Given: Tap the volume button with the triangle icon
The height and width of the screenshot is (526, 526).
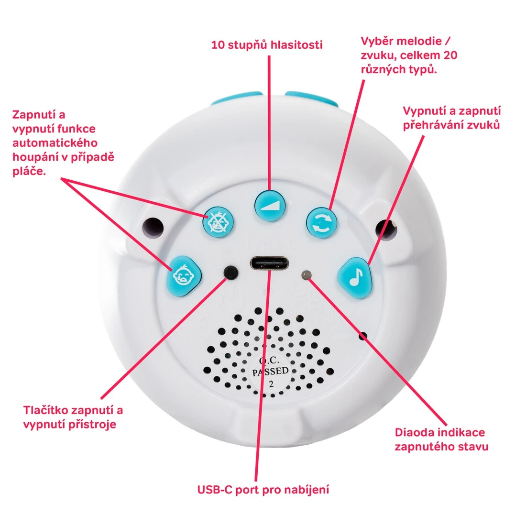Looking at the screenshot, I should (270, 206).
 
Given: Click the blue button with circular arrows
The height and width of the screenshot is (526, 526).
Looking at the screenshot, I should (321, 222).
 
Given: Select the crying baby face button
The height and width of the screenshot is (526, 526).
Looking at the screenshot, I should (184, 276).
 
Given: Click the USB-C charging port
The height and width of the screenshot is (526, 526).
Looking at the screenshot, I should (270, 264).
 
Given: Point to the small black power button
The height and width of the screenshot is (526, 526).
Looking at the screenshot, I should (231, 272).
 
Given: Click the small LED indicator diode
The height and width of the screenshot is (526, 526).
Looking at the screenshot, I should (306, 274).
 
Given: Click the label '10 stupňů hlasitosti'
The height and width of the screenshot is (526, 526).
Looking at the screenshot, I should (267, 45).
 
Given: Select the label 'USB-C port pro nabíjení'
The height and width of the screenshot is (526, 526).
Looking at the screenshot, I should (263, 490).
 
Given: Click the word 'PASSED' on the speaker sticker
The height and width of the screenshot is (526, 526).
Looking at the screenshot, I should (271, 372).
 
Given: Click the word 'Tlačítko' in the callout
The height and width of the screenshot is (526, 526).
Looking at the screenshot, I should (45, 410).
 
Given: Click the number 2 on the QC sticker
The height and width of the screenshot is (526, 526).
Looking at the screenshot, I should (271, 384).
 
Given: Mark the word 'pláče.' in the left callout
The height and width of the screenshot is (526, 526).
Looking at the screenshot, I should (29, 171).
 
